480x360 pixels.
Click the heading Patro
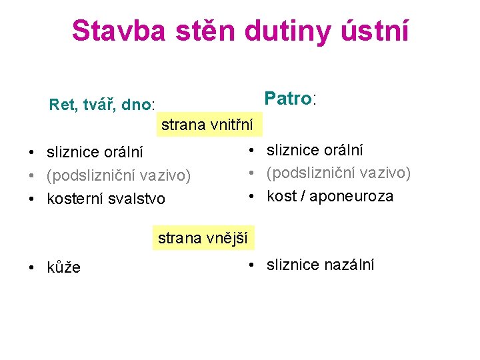287,99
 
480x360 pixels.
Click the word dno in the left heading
137,105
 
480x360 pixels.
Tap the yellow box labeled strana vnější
203,237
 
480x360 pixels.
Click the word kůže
63,267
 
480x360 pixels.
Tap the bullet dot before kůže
31,268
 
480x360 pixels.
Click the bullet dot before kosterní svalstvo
31,199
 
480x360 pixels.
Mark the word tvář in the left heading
99,105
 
